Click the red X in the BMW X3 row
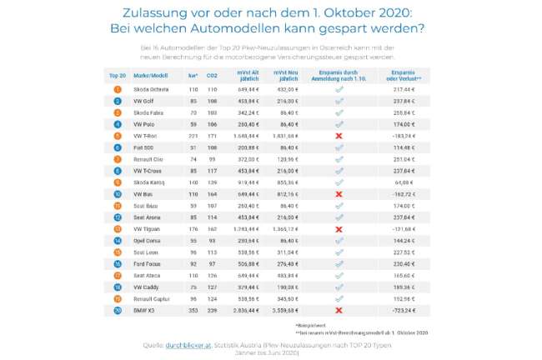(x=339, y=309)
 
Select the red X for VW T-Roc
(x=339, y=135)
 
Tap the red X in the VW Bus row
(x=339, y=192)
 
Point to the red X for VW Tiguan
(x=339, y=227)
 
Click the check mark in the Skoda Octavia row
(x=339, y=88)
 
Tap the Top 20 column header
(x=118, y=75)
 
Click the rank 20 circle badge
(x=118, y=309)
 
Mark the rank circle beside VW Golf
(x=118, y=100)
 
